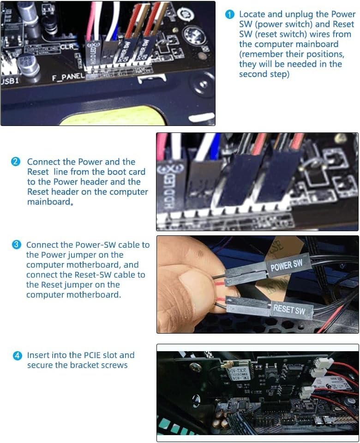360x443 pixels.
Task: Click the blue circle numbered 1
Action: pyautogui.click(x=230, y=14)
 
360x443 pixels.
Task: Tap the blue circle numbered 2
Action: pyautogui.click(x=16, y=162)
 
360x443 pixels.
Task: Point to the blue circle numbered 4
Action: pyautogui.click(x=17, y=356)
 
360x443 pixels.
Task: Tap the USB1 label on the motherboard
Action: pyautogui.click(x=10, y=81)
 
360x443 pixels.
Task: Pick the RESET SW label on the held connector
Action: pyautogui.click(x=289, y=308)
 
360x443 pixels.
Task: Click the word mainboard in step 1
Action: pyautogui.click(x=329, y=44)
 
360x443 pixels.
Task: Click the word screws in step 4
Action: pyautogui.click(x=112, y=365)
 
